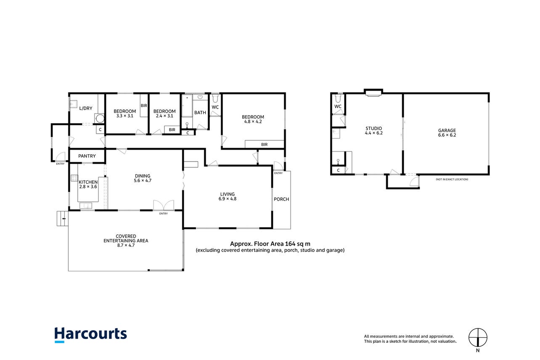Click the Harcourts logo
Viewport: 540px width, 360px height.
(91, 335)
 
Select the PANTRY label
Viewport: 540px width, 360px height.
(87, 156)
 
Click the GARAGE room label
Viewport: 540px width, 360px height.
(447, 130)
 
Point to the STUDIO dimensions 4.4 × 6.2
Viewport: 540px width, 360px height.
(373, 133)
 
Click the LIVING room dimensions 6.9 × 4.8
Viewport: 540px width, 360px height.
(228, 199)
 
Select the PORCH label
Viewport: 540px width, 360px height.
(281, 199)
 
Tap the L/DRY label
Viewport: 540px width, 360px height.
(86, 108)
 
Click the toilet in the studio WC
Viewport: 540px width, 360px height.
(338, 98)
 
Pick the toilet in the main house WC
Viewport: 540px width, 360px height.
(215, 98)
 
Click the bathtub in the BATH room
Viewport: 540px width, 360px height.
(187, 106)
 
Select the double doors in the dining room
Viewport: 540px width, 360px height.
(164, 205)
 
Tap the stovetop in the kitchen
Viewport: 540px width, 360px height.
(74, 178)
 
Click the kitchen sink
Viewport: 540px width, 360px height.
(86, 206)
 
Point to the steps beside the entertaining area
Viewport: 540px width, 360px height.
(62, 218)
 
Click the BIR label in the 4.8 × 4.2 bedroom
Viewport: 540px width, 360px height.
(264, 144)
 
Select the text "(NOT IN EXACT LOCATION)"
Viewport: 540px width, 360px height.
(452, 179)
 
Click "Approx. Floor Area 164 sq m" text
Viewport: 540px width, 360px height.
(270, 244)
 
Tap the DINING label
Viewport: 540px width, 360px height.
(143, 176)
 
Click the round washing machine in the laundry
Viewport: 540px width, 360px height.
(100, 119)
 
